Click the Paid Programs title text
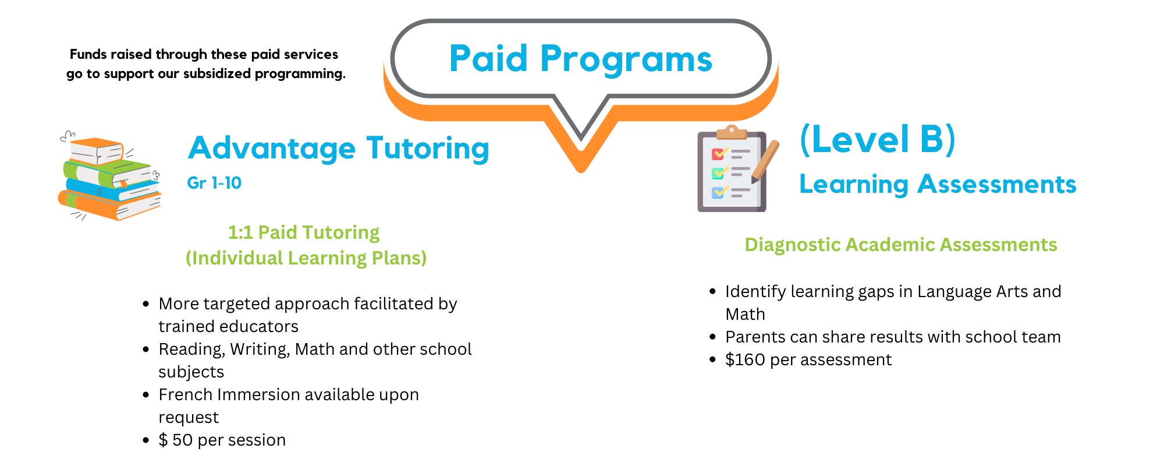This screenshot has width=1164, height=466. pyautogui.click(x=581, y=59)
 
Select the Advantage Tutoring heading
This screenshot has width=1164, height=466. pyautogui.click(x=338, y=149)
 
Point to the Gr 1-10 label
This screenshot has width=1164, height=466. pyautogui.click(x=214, y=183)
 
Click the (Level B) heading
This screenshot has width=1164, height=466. pyautogui.click(x=878, y=140)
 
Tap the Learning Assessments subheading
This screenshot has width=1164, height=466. pyautogui.click(x=938, y=185)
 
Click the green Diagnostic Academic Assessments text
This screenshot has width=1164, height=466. pyautogui.click(x=901, y=245)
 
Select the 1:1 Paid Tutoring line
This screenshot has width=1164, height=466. pyautogui.click(x=304, y=232)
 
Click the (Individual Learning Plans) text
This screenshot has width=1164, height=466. pyautogui.click(x=306, y=258)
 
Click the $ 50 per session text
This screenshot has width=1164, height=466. pyautogui.click(x=222, y=440)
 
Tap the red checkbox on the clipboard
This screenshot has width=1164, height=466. pyautogui.click(x=718, y=154)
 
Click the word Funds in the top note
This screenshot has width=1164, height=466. pyautogui.click(x=88, y=55)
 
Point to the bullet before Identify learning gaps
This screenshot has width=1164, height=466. pyautogui.click(x=713, y=291)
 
